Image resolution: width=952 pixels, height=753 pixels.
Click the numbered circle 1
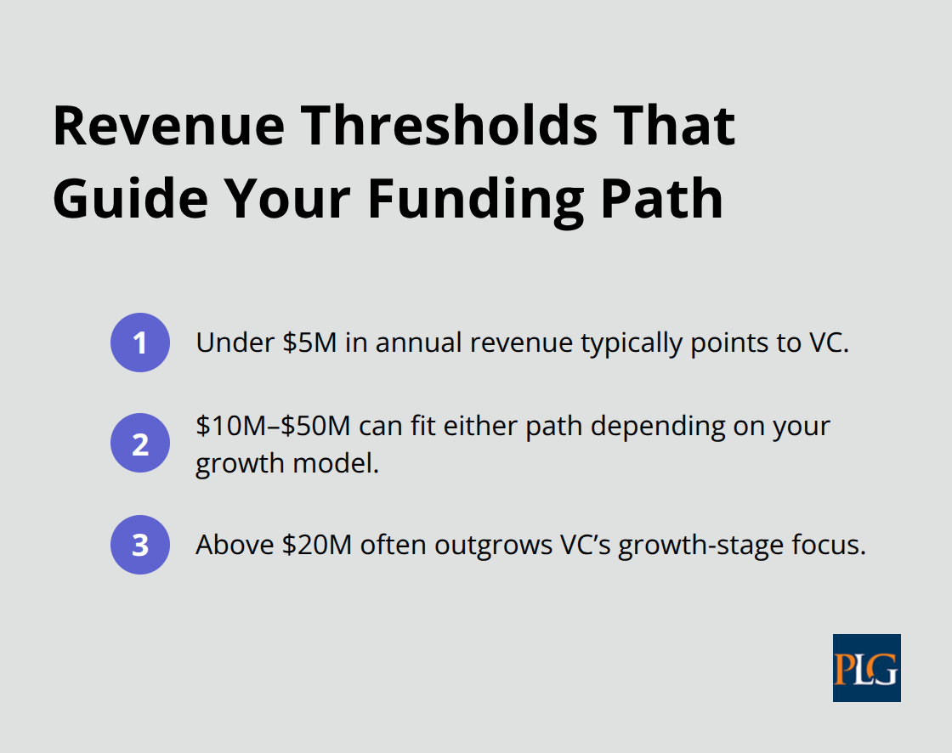[140, 343]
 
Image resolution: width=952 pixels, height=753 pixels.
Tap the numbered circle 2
[140, 443]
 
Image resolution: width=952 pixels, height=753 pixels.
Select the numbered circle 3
[140, 545]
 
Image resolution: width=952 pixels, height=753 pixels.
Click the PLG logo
[866, 668]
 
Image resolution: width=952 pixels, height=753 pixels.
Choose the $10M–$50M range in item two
[273, 425]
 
